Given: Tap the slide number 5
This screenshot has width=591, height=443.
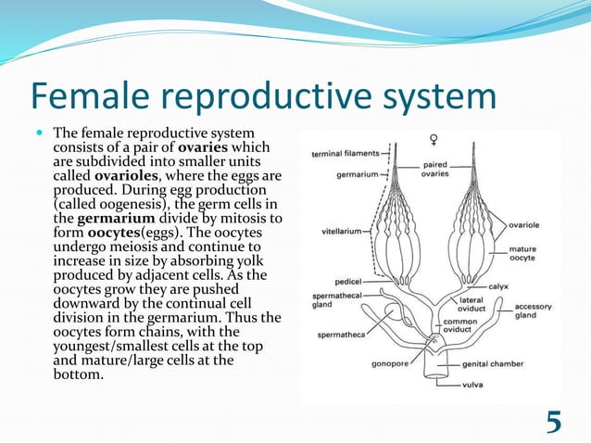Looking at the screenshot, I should pyautogui.click(x=553, y=421).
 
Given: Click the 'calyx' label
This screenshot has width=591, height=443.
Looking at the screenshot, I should pyautogui.click(x=501, y=286).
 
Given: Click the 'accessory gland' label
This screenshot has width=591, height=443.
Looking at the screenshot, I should pyautogui.click(x=534, y=311).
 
